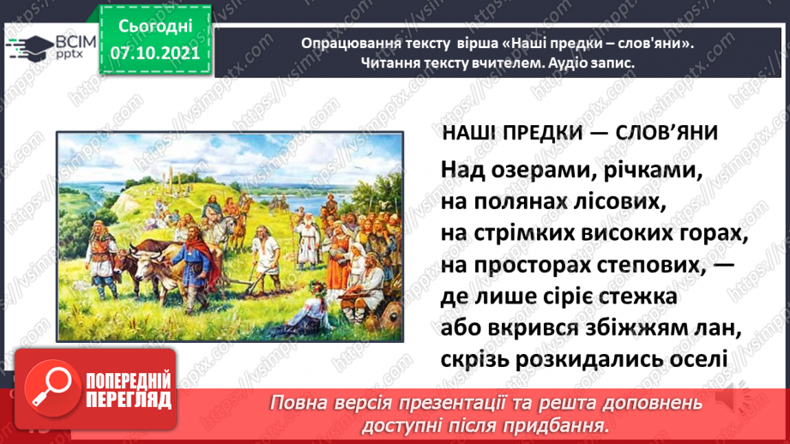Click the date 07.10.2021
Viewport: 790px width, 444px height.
pyautogui.click(x=155, y=53)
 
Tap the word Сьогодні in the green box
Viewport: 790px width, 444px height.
pyautogui.click(x=155, y=27)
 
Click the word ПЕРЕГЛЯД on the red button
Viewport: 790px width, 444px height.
pyautogui.click(x=129, y=400)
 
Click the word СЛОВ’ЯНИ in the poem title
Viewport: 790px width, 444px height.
pyautogui.click(x=666, y=134)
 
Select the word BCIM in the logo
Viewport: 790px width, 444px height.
pyautogui.click(x=76, y=42)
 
